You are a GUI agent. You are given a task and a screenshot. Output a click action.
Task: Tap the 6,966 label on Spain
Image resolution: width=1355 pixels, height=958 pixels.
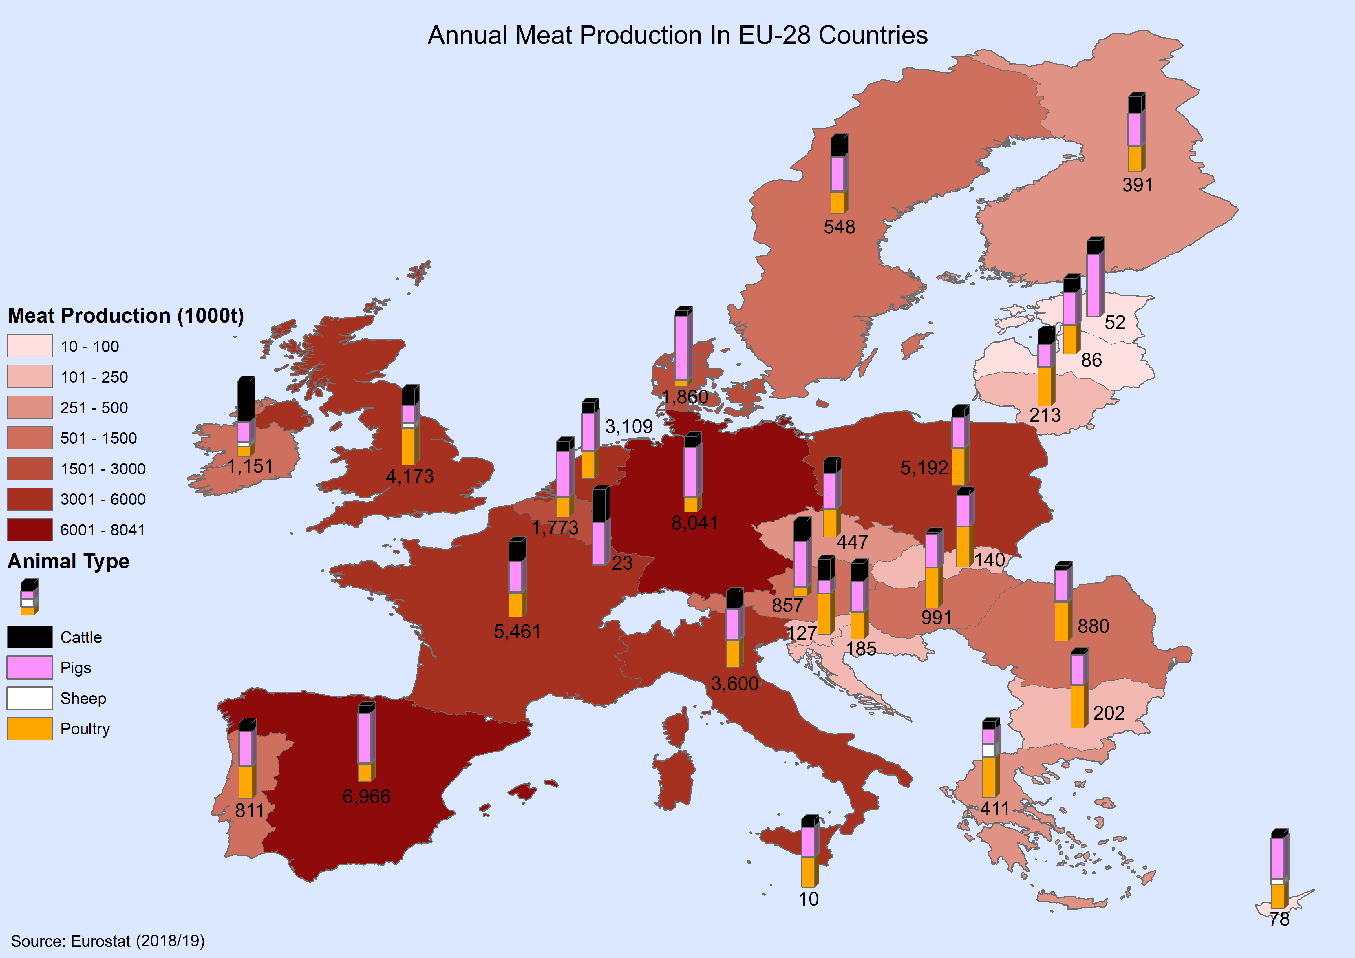click(367, 797)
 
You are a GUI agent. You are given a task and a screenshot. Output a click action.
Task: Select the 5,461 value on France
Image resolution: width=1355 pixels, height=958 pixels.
click(517, 632)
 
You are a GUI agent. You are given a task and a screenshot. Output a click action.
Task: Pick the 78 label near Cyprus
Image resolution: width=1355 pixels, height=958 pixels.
click(1279, 919)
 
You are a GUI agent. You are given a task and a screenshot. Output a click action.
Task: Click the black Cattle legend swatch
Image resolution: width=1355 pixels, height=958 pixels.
click(30, 637)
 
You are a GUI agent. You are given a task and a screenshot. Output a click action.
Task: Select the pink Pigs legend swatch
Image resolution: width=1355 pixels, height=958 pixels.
click(30, 668)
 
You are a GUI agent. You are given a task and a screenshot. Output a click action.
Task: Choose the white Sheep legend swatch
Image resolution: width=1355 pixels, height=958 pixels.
click(30, 698)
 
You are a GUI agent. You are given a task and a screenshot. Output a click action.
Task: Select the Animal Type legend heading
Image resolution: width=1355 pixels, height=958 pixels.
click(68, 561)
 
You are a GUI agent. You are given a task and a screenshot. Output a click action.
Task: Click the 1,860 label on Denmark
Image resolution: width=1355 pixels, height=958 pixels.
click(685, 397)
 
